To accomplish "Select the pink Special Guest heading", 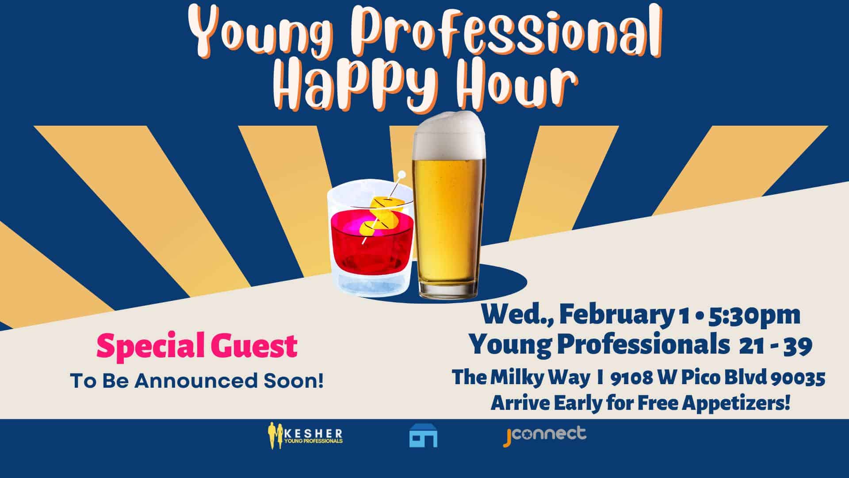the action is [197, 347].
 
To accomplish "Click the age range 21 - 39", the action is [776, 346].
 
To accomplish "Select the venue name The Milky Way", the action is [520, 378].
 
